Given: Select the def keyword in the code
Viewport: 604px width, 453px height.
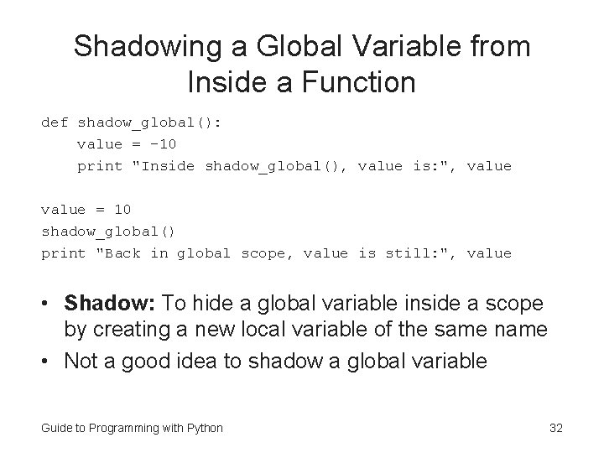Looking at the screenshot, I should (x=55, y=122).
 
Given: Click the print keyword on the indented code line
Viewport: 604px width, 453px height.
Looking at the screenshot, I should (x=99, y=166).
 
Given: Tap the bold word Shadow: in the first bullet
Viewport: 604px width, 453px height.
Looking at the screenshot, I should (x=109, y=302).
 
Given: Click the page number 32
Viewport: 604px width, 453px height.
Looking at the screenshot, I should (x=555, y=429).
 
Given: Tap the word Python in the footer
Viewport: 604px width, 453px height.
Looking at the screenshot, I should (x=204, y=429).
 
